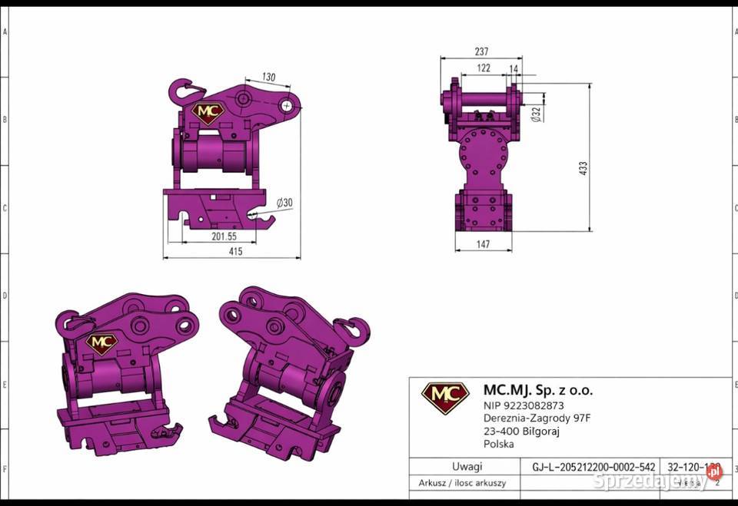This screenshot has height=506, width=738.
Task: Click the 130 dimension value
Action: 268,77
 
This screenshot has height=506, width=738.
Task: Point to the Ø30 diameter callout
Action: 284,203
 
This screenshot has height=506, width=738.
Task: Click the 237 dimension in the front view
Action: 481,52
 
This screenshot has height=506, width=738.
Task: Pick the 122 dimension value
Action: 484,68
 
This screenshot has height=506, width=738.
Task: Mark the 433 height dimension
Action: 583,167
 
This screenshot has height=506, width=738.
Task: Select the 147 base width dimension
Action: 483,245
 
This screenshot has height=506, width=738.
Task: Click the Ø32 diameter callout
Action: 536,114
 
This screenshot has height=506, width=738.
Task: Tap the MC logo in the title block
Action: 445,398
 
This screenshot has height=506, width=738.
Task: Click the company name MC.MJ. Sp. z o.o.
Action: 537,390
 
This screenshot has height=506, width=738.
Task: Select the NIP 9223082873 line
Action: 523,405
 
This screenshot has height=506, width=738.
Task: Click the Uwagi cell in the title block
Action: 467,466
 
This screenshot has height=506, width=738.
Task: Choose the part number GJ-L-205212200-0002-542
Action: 593,466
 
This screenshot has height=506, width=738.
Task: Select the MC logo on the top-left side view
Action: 208,112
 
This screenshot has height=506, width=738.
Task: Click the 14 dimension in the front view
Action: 514,69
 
